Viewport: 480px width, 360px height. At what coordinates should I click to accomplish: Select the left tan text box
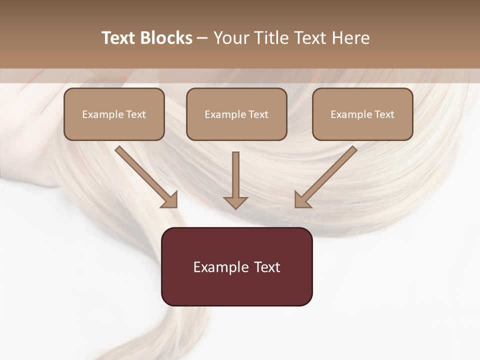pyautogui.click(x=114, y=114)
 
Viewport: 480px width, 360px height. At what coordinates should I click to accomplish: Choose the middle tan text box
pyautogui.click(x=236, y=114)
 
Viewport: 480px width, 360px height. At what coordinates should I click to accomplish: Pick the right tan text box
pyautogui.click(x=362, y=114)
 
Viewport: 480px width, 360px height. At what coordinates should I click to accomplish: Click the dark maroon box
pyautogui.click(x=236, y=266)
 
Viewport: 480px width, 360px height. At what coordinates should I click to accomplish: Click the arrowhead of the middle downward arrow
pyautogui.click(x=235, y=202)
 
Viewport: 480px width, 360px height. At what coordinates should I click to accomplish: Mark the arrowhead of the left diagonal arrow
pyautogui.click(x=170, y=200)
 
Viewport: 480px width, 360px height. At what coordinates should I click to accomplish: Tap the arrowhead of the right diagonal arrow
pyautogui.click(x=302, y=200)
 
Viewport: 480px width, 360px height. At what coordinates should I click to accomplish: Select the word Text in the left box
pyautogui.click(x=136, y=114)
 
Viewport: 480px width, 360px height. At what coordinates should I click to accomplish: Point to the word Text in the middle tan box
pyautogui.click(x=258, y=114)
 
